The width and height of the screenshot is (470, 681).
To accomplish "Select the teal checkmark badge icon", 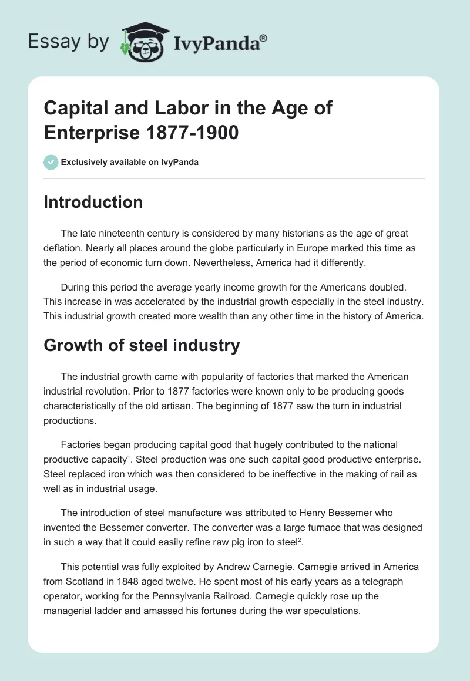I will tap(51, 162).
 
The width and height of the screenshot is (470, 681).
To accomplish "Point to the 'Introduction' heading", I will tap(93, 203).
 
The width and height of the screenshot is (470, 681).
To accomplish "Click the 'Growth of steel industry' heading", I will tap(142, 345).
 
